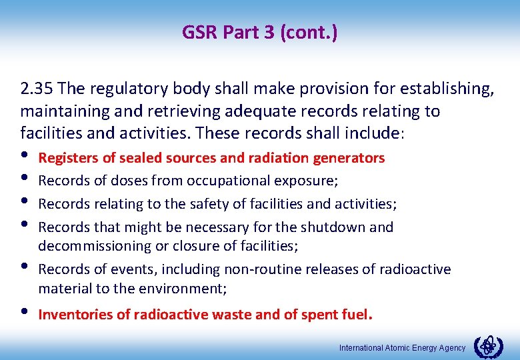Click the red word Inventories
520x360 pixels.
(75, 315)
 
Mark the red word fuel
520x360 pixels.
(356, 315)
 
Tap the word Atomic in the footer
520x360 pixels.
(398, 348)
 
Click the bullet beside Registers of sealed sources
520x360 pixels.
(26, 157)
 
